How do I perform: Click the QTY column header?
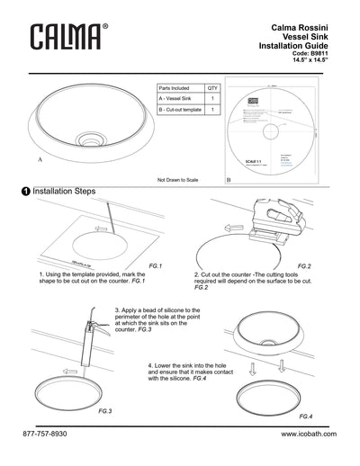pyautogui.click(x=212, y=89)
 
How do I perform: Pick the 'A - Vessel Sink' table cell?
pyautogui.click(x=176, y=99)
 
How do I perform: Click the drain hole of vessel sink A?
pyautogui.click(x=90, y=141)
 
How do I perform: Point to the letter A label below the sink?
pyautogui.click(x=38, y=157)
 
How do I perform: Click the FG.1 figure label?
pyautogui.click(x=154, y=267)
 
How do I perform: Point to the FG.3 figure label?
pyautogui.click(x=103, y=410)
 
